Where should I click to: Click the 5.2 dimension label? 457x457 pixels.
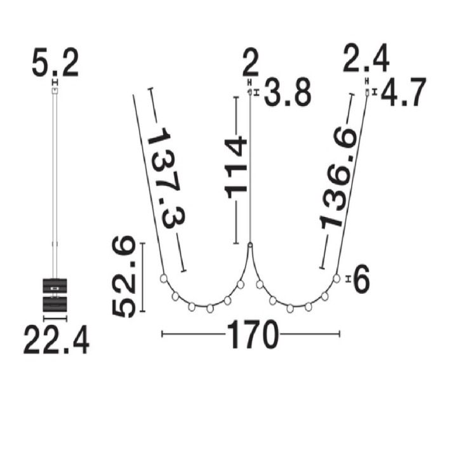tap(55, 63)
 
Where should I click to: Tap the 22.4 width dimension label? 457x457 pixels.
tap(56, 340)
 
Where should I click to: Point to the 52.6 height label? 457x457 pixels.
tap(124, 277)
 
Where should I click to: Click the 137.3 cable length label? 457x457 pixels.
tap(167, 178)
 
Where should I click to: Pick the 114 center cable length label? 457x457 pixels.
tap(235, 168)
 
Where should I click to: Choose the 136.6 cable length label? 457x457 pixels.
tap(338, 178)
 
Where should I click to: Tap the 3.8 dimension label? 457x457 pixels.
tap(288, 93)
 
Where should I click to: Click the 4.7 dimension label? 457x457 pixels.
tap(404, 93)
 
